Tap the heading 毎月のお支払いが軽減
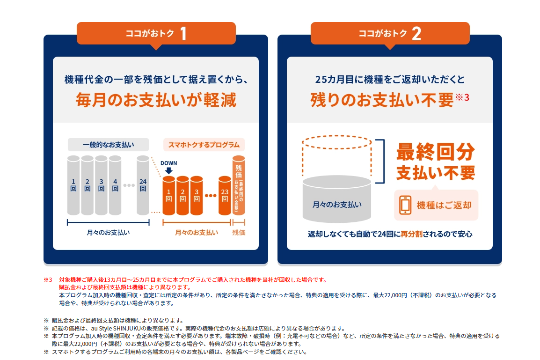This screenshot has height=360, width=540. pos(156,100)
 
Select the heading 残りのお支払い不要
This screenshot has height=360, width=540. pos(381,100)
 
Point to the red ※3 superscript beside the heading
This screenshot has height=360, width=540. pos(462,97)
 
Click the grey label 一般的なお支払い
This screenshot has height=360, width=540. pos(108,145)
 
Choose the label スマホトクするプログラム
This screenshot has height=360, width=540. pos(204,145)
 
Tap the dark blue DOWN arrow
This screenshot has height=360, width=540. pos(169,170)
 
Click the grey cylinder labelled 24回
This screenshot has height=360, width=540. pos(143,185)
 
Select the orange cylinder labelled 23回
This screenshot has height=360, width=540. pos(225,196)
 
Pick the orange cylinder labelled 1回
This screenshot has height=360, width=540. pos(169,196)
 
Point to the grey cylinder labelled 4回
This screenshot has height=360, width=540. pos(115,185)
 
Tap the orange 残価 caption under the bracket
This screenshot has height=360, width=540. pos(239,232)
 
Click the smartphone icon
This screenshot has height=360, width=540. pos(405,205)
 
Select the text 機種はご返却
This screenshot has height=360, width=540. pos(444,205)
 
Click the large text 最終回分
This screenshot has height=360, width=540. pos(435,152)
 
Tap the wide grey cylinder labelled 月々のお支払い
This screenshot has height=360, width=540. pos(337,201)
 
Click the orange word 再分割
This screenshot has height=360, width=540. pos(411,234)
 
